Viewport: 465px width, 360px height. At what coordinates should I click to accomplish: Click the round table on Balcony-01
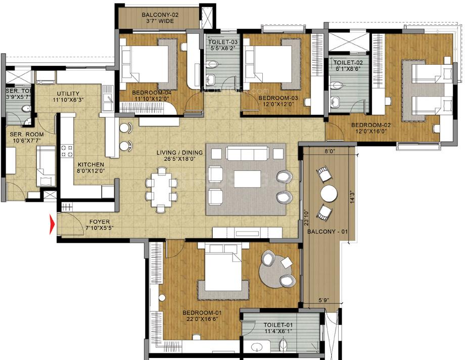[329, 193]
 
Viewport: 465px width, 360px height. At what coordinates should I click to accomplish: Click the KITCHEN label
[91, 165]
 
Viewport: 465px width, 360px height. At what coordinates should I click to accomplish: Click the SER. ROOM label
[24, 134]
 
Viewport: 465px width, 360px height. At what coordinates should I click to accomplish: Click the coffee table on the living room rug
[247, 178]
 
